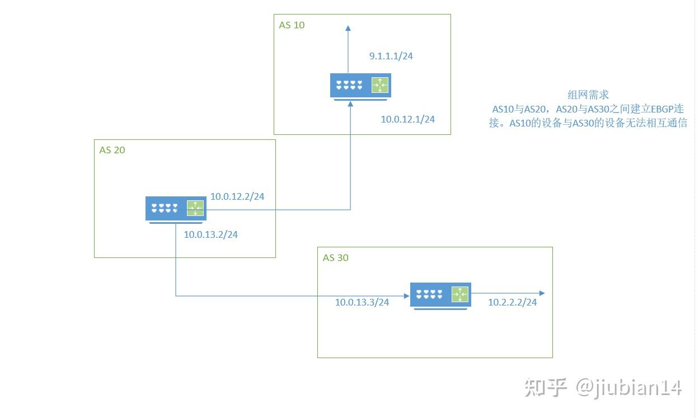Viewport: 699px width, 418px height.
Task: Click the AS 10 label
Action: [292, 25]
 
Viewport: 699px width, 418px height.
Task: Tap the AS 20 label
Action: [112, 150]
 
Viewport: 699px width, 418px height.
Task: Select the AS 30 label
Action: [335, 258]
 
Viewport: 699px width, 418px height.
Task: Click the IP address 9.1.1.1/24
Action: [391, 56]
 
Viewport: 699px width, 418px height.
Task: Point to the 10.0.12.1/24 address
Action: [407, 119]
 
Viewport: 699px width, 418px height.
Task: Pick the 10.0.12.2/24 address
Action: [237, 196]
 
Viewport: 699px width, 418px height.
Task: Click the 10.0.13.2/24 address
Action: [210, 234]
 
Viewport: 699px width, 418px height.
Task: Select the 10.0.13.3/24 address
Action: [362, 302]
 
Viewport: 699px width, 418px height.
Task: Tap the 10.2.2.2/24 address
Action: [512, 302]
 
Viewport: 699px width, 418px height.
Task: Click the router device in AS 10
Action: [360, 87]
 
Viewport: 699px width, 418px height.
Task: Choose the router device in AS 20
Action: [176, 209]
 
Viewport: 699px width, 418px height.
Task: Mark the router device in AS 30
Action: [440, 295]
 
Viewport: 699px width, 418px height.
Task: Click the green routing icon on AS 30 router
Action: [459, 294]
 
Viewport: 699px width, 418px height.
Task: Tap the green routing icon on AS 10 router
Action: [380, 86]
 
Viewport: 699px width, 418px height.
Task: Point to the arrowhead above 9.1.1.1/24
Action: [348, 28]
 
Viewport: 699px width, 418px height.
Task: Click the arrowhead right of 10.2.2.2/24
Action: [541, 293]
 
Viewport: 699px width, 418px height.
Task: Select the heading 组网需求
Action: [588, 95]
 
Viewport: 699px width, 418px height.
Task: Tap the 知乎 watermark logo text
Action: [546, 387]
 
